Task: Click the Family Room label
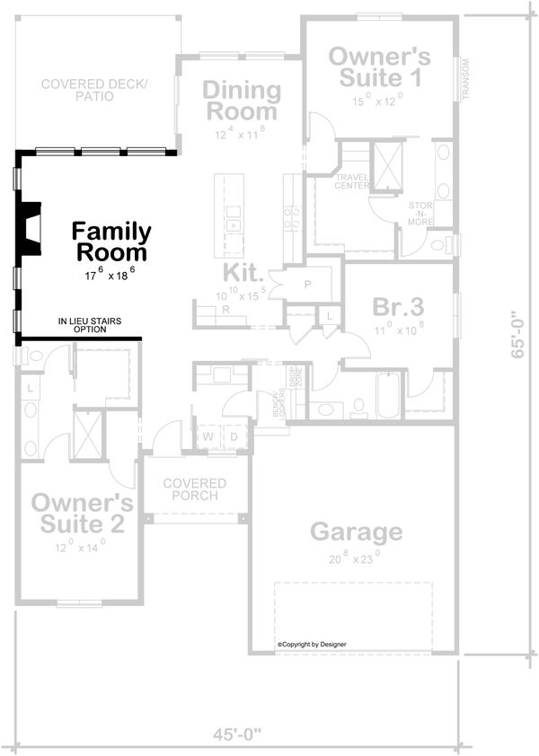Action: (x=111, y=242)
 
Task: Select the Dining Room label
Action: (x=240, y=101)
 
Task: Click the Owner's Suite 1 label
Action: (x=379, y=66)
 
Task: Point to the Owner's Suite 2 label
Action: (x=83, y=513)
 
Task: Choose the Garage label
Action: (x=356, y=532)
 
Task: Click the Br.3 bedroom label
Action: (x=398, y=307)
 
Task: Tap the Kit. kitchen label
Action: (x=243, y=273)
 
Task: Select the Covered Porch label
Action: (x=195, y=490)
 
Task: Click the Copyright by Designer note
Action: (x=312, y=644)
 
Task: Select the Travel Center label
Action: (x=353, y=182)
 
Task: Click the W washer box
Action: (x=207, y=437)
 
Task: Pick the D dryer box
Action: (x=234, y=437)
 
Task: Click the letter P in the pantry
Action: (x=306, y=284)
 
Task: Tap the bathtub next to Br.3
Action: (x=392, y=397)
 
